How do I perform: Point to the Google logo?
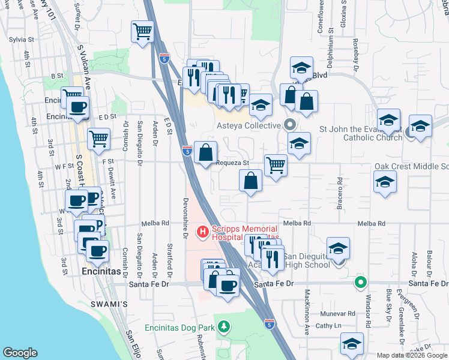(x=20, y=352)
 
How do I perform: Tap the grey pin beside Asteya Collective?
(x=290, y=125)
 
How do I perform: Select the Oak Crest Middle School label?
(x=412, y=166)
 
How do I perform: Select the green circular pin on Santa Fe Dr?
(x=360, y=281)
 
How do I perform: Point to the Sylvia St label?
(x=20, y=39)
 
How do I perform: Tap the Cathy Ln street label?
(x=328, y=326)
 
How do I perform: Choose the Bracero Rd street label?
(x=340, y=188)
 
